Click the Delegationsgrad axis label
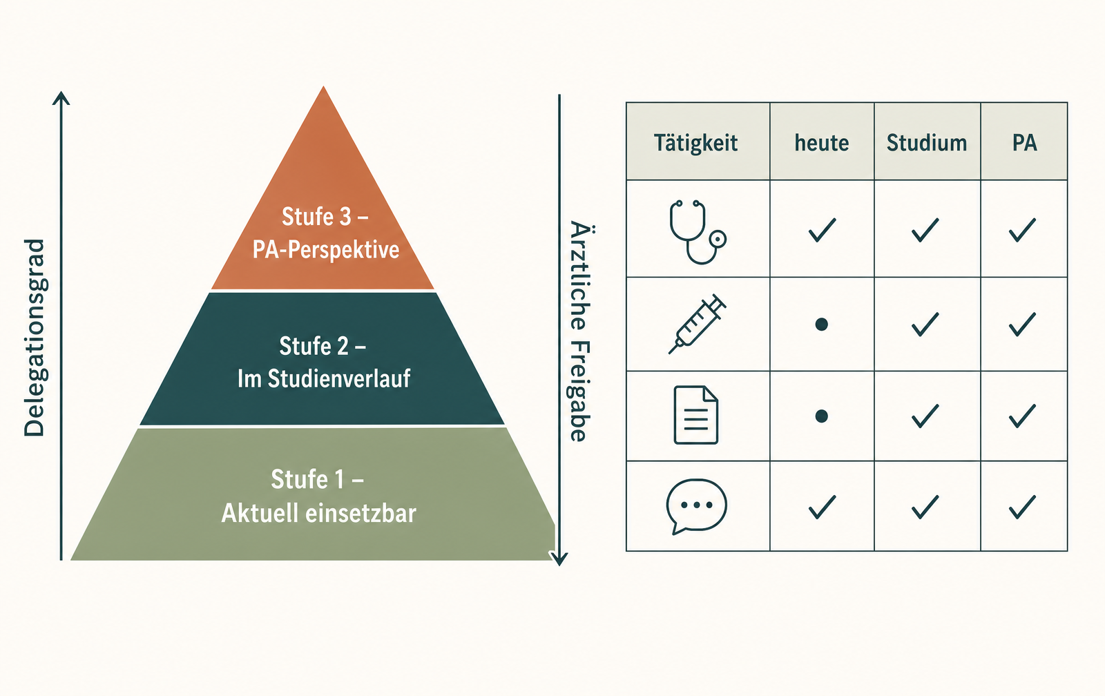pyautogui.click(x=35, y=338)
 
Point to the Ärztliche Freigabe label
pyautogui.click(x=580, y=331)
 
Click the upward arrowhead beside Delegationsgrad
pyautogui.click(x=61, y=97)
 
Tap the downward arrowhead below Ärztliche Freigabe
pyautogui.click(x=559, y=559)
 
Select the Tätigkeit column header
pyautogui.click(x=695, y=143)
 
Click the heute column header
pyautogui.click(x=822, y=143)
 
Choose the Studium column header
pyautogui.click(x=927, y=143)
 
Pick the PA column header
pyautogui.click(x=1025, y=143)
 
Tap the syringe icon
pyautogui.click(x=697, y=324)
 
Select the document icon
pyautogui.click(x=696, y=415)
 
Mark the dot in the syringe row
pyautogui.click(x=821, y=324)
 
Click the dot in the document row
pyautogui.click(x=821, y=416)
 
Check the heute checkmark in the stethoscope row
pyautogui.click(x=823, y=230)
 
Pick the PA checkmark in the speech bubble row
pyautogui.click(x=1022, y=507)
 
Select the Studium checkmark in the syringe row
pyautogui.click(x=925, y=324)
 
